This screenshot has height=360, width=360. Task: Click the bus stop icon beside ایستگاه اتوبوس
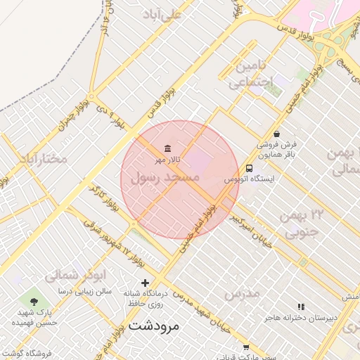click(x=249, y=168)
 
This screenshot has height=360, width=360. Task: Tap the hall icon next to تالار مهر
click(x=167, y=148)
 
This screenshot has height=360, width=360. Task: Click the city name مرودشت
click(x=155, y=326)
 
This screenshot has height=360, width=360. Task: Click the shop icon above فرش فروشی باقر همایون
click(x=276, y=133)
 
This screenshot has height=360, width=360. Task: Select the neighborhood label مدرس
click(x=243, y=292)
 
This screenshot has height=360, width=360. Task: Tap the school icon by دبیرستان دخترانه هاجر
click(x=302, y=307)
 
